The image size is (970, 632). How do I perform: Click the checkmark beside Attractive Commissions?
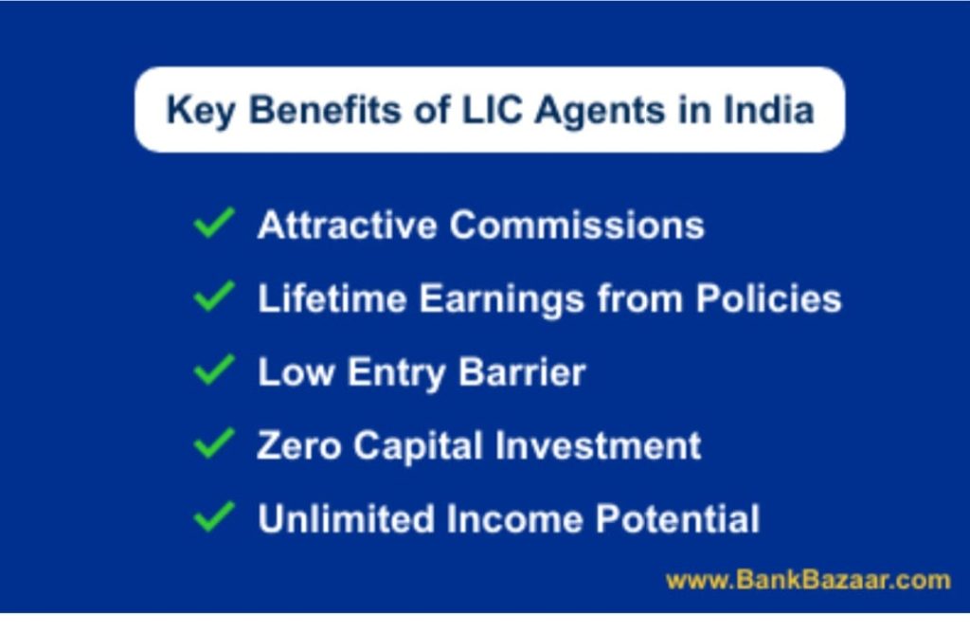point(214,223)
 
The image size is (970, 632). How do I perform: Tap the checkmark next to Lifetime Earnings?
point(214,296)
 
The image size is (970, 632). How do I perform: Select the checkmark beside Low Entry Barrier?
point(214,370)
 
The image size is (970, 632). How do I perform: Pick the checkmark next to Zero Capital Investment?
point(214,442)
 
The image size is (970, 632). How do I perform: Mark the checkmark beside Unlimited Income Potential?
point(214,516)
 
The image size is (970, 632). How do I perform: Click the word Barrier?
point(522,371)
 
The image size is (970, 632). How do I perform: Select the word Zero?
point(298,445)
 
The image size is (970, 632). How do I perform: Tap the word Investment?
point(599,445)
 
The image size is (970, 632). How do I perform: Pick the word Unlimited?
point(347,518)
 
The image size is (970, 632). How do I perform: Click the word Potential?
point(677,518)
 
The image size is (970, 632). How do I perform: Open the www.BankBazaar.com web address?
point(808,580)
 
